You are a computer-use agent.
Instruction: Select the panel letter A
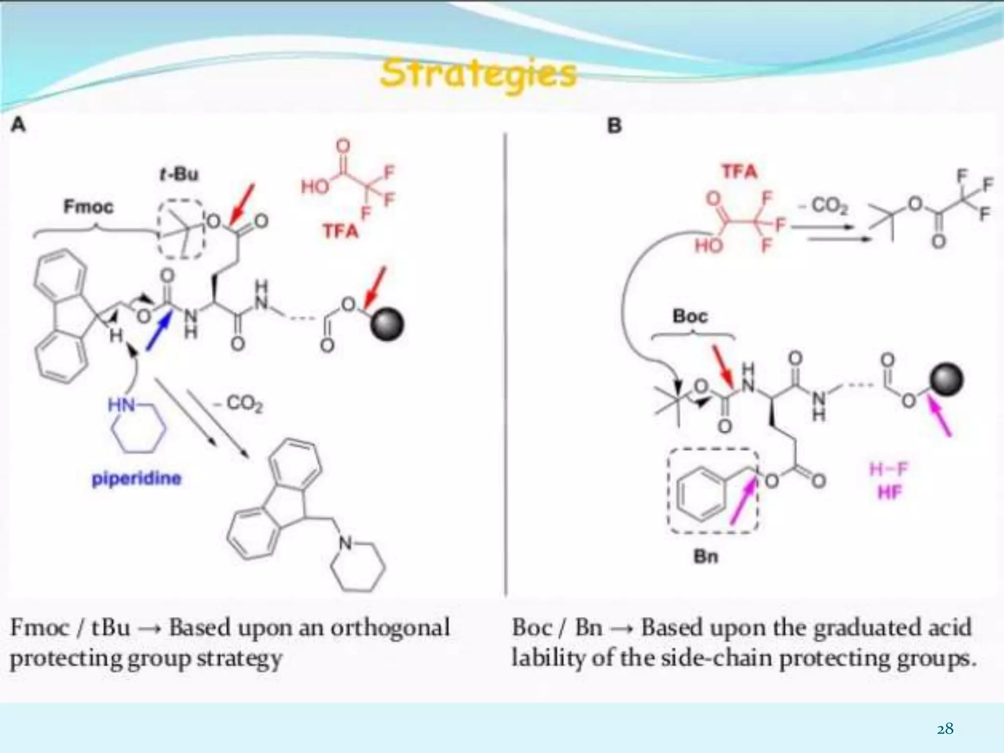tap(18, 125)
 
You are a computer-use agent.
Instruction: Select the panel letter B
tap(614, 126)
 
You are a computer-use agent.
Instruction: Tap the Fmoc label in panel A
tap(88, 207)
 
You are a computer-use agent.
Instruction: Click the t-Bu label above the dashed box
tap(179, 174)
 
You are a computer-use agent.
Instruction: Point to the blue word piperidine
tap(136, 478)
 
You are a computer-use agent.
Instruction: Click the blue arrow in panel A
tap(159, 332)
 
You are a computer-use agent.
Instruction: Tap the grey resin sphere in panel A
tap(387, 325)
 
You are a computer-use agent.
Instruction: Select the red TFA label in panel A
tap(340, 230)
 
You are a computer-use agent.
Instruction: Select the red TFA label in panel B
tap(740, 172)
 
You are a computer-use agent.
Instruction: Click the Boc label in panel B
tap(690, 316)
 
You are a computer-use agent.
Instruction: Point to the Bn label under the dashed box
tap(706, 556)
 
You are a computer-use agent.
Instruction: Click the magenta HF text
tap(890, 492)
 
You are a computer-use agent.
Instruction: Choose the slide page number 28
tap(945, 729)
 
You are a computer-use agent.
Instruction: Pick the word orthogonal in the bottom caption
tap(390, 628)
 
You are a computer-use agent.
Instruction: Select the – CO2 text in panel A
tap(239, 404)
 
